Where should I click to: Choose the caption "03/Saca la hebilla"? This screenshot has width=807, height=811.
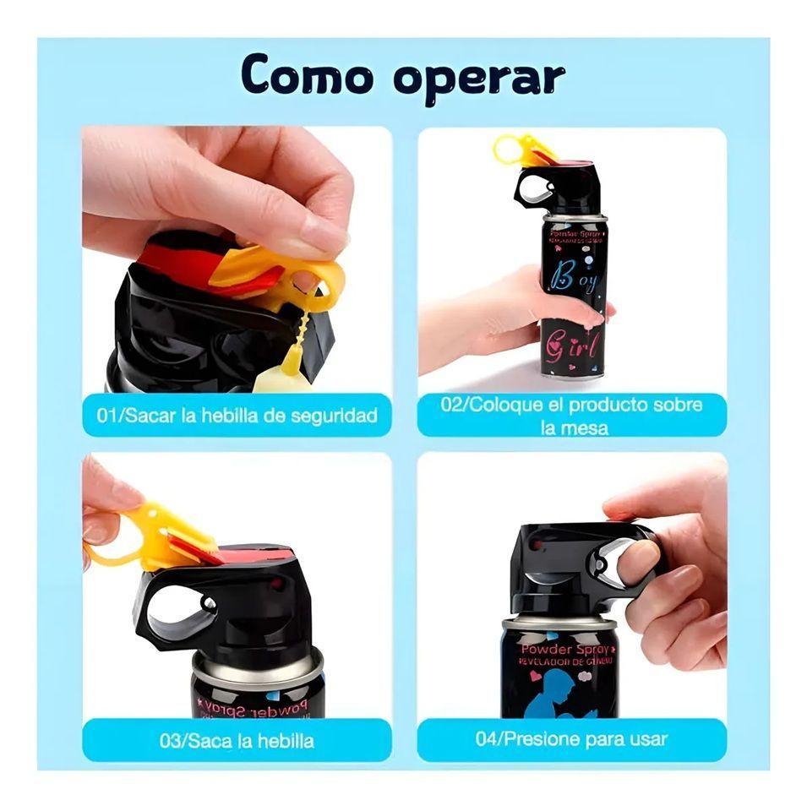click(x=237, y=741)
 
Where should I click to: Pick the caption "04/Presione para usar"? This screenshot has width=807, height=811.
click(x=572, y=739)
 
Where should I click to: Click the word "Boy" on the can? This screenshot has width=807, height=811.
click(x=575, y=278)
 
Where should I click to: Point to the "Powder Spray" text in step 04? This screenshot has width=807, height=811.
click(x=567, y=649)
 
